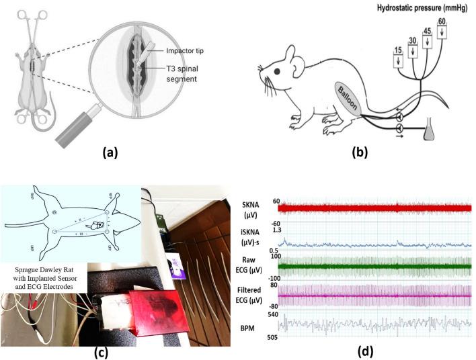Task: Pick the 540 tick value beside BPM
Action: point(274,314)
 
